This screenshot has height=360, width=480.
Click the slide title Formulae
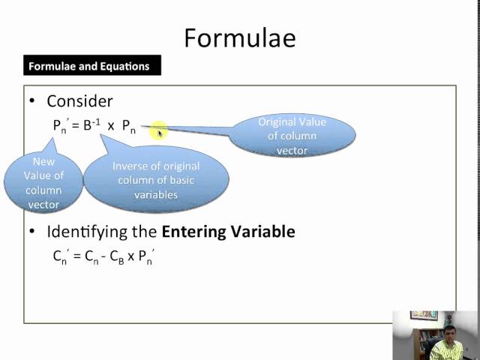point(240,37)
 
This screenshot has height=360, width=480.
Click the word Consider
point(79,100)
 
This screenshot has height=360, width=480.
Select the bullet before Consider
point(32,101)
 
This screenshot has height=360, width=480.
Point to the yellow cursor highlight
point(159,133)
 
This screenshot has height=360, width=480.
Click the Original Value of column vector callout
point(292,136)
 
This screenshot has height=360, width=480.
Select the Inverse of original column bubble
point(156,180)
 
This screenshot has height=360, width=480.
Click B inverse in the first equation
point(91,125)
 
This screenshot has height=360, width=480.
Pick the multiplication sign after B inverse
point(111,126)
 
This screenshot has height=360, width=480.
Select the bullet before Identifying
point(32,232)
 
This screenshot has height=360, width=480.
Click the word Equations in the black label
point(125,66)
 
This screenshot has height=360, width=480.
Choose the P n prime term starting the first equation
point(60,126)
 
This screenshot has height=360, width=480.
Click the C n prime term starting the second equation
point(60,256)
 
